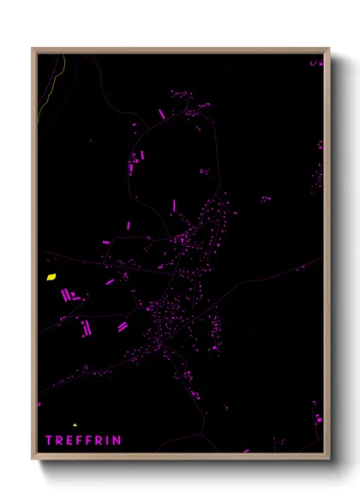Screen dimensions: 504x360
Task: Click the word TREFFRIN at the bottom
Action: [83, 441]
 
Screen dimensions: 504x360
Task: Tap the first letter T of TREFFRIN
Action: [49, 441]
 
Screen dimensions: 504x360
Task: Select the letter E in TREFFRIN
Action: [69, 441]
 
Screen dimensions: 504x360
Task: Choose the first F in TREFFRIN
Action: [80, 441]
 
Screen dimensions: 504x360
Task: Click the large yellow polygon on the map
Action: [51, 277]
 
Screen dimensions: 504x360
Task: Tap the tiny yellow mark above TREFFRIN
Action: [75, 425]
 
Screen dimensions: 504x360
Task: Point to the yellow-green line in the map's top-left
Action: [46, 94]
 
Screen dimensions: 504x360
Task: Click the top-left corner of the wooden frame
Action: [33, 49]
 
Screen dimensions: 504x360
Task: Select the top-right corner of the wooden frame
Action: [329, 49]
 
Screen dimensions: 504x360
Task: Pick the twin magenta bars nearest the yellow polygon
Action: [66, 295]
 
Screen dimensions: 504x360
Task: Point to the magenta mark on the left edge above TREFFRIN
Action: [39, 403]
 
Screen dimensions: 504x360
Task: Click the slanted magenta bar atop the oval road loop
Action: [161, 114]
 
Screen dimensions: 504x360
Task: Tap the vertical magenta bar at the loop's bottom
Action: [174, 206]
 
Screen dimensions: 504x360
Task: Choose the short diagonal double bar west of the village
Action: [122, 326]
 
